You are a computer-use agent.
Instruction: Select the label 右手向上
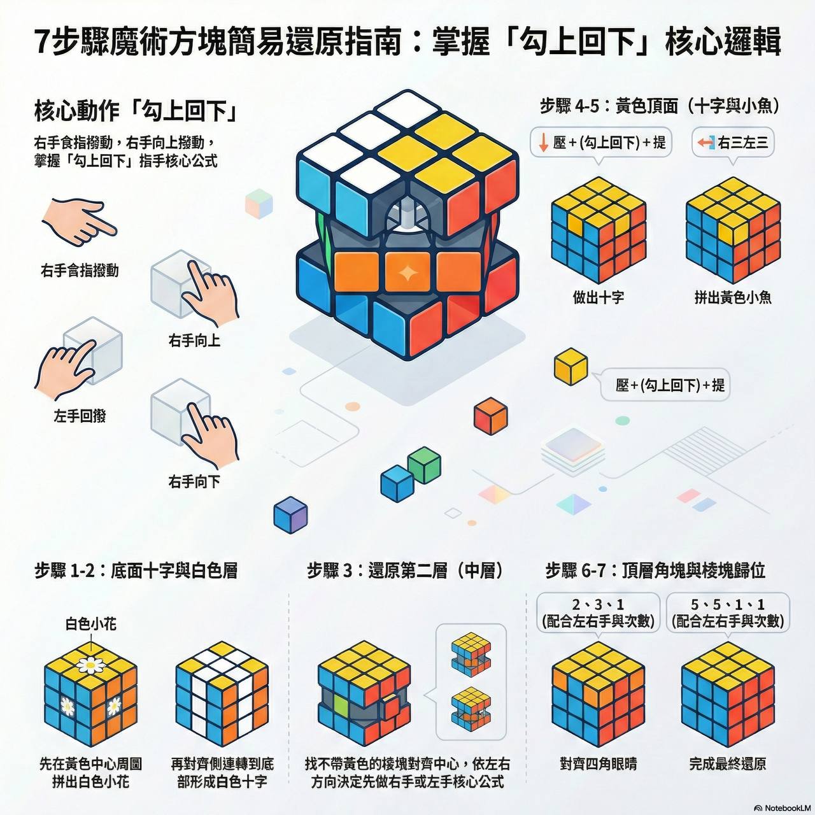click(x=194, y=340)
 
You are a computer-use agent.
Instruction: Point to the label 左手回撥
click(x=80, y=416)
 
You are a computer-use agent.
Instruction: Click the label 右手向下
click(x=194, y=481)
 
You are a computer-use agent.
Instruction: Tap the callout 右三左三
click(x=733, y=143)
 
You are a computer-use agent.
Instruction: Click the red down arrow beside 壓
click(x=543, y=143)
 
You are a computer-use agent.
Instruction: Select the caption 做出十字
click(x=598, y=298)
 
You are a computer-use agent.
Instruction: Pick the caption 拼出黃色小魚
click(x=733, y=298)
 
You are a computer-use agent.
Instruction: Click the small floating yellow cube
click(x=570, y=366)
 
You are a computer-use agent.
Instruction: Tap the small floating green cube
click(x=424, y=465)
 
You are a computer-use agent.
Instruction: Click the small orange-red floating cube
click(x=490, y=416)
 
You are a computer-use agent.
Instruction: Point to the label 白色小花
click(x=91, y=624)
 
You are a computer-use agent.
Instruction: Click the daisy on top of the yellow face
click(x=90, y=666)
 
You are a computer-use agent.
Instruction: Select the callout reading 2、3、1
click(x=598, y=613)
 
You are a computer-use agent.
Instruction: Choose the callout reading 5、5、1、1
click(x=728, y=613)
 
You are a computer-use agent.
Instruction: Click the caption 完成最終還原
click(x=728, y=764)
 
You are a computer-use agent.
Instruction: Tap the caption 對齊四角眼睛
click(x=598, y=764)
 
